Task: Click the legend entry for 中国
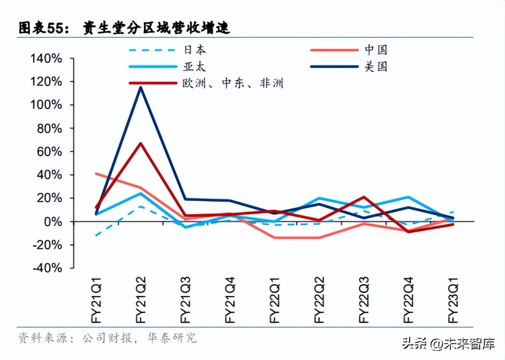375,50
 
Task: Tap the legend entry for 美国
375,66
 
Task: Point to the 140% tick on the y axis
46,59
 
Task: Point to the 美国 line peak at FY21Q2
140,88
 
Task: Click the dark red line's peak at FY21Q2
140,144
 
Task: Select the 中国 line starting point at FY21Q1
96,174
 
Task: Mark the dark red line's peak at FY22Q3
364,197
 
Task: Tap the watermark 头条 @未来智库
448,343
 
